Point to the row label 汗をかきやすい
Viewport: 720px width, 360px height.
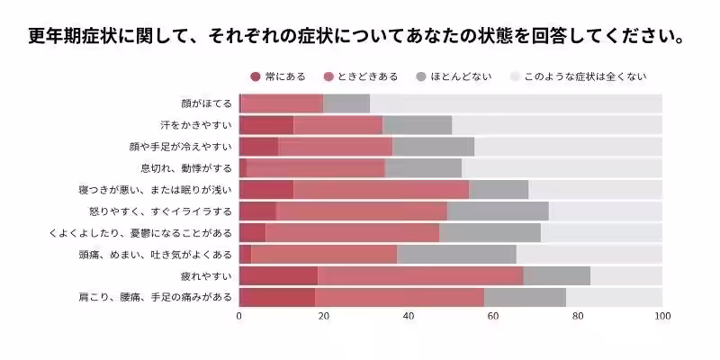[x=195, y=125]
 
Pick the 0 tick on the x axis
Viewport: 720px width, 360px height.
[x=239, y=317]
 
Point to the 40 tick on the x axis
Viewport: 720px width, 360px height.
[x=409, y=317]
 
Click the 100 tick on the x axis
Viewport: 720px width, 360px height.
[x=662, y=317]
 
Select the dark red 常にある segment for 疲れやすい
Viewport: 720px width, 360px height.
[x=278, y=275]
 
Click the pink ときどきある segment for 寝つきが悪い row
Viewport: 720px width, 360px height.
[x=381, y=189]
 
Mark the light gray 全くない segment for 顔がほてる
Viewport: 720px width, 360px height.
[x=516, y=103]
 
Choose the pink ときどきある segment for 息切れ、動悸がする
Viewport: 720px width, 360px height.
[x=315, y=168]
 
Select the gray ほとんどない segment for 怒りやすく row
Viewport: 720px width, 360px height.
[x=498, y=211]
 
